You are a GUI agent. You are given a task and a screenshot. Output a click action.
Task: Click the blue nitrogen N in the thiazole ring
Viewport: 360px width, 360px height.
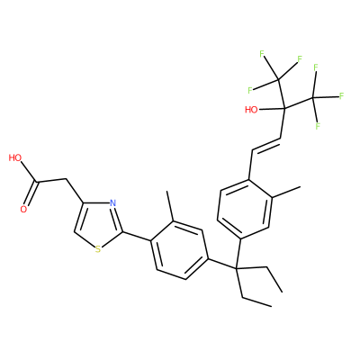[112, 203]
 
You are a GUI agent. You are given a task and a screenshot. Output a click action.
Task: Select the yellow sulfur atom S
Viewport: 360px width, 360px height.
[98, 249]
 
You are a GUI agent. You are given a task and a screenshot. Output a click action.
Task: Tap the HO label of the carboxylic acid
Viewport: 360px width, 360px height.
[15, 157]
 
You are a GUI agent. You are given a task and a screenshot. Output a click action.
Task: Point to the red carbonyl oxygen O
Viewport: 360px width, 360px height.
[23, 209]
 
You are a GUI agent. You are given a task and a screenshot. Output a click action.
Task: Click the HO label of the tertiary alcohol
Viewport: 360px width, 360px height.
[251, 110]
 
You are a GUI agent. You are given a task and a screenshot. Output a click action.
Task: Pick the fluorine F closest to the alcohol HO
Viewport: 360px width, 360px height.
[249, 89]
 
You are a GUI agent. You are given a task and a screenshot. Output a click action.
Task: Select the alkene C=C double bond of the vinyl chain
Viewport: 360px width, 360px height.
[265, 144]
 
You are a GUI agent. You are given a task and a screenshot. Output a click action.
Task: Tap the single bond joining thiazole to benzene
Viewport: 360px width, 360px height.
[136, 237]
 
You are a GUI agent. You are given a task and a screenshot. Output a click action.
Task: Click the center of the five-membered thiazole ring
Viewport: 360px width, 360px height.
[96, 223]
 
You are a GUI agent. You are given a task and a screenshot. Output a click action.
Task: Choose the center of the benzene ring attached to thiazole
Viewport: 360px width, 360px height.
[179, 250]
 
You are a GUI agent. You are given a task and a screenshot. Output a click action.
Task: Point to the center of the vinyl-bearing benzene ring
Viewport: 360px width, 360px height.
[245, 209]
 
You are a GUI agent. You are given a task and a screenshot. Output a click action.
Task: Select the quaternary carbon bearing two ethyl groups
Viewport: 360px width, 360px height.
[236, 267]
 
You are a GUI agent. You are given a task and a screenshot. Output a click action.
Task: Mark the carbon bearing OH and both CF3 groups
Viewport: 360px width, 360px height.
[284, 108]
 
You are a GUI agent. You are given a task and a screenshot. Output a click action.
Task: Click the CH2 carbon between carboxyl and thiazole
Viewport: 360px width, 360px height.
[66, 179]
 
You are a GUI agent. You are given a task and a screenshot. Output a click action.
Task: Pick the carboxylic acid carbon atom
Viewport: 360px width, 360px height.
[37, 182]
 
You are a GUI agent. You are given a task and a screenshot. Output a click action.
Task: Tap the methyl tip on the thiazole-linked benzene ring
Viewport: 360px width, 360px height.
[167, 191]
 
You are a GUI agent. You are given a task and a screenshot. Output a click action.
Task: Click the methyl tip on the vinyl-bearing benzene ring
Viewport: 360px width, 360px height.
[301, 187]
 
